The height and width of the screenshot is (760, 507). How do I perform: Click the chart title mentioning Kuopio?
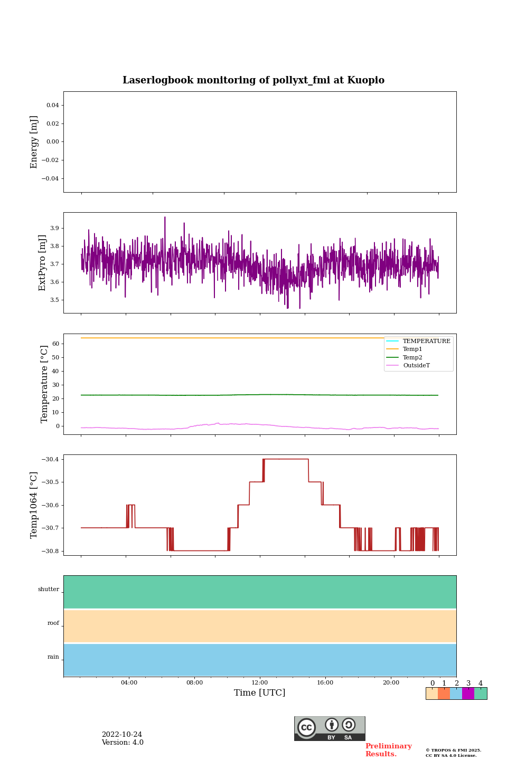(253, 80)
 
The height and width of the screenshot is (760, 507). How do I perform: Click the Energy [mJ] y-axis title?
(34, 142)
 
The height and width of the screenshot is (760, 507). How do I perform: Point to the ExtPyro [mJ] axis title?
(42, 263)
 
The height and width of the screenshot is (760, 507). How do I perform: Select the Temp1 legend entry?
(412, 349)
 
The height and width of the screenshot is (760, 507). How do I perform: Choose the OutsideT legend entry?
(416, 366)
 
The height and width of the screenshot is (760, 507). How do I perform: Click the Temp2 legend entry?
(412, 358)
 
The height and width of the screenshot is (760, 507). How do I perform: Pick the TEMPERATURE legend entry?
(426, 341)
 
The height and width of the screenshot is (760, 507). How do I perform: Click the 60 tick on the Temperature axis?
(55, 344)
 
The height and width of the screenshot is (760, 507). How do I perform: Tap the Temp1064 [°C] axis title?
(34, 505)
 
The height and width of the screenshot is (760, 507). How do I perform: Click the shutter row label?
(49, 590)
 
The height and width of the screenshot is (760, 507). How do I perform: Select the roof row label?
(53, 623)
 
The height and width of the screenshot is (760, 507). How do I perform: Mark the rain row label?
(53, 657)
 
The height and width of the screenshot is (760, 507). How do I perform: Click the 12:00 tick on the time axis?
(260, 683)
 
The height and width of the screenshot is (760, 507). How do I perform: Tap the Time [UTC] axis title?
(260, 693)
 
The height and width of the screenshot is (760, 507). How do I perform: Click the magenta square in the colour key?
(468, 693)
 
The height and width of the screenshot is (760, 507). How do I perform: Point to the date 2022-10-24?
(122, 735)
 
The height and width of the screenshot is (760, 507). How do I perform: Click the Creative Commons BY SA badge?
(330, 728)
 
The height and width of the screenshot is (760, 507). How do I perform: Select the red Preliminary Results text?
(388, 750)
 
